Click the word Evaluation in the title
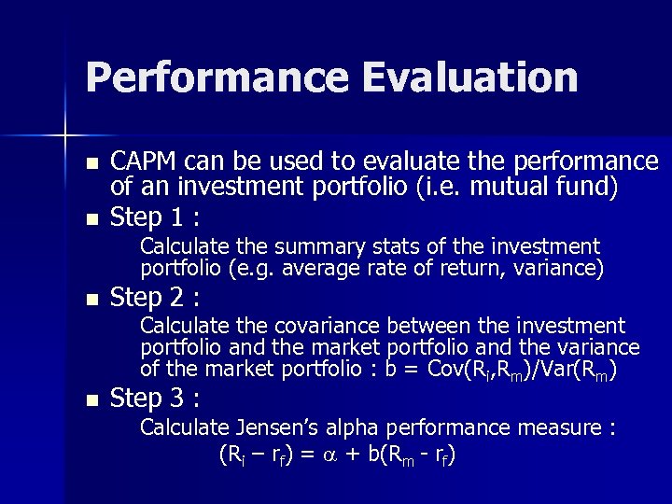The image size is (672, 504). pos(471,77)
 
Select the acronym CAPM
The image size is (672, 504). pos(143,161)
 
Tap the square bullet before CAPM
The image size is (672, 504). pos(91,163)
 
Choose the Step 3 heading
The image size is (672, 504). pos(154,399)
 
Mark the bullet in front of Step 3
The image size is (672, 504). pos(91,400)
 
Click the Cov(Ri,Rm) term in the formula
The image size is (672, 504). pos(467,370)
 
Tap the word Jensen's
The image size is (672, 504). pos(280,427)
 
